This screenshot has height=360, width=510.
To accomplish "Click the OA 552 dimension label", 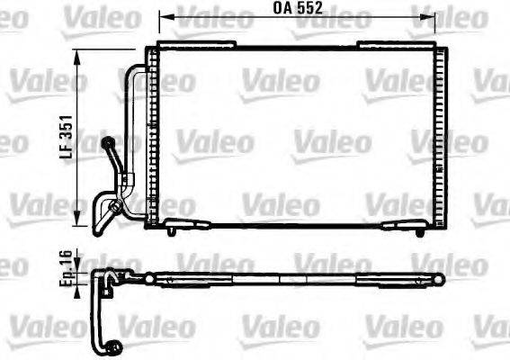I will [x=299, y=10].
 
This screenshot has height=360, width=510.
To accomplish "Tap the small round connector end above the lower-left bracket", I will [x=108, y=140].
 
